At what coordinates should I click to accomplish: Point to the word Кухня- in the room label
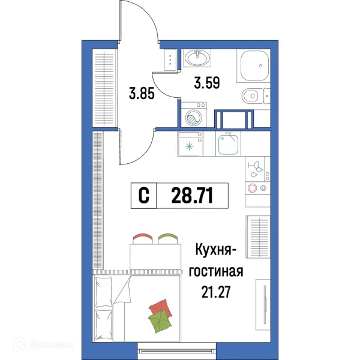[216, 251]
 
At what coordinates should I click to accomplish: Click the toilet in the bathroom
[254, 95]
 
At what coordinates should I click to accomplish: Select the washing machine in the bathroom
[193, 116]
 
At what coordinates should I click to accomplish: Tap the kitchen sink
[229, 144]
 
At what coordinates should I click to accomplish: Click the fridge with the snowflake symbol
[191, 145]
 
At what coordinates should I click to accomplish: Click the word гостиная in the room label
[216, 272]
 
